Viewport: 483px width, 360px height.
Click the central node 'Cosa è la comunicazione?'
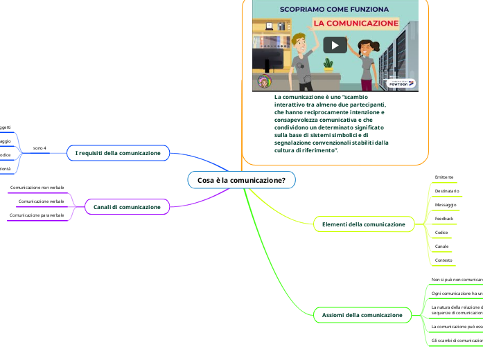pos(241,180)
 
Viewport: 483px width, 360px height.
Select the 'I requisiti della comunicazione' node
pos(118,152)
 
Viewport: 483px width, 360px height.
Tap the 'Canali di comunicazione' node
pos(127,207)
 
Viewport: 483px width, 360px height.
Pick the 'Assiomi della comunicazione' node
pos(362,315)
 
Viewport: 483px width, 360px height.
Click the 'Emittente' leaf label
pos(444,177)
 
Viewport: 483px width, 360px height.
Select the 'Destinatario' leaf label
pos(447,191)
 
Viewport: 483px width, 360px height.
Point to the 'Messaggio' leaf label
pos(446,205)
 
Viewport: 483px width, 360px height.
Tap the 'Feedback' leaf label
pos(444,219)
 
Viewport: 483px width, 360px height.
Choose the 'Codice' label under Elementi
pos(441,233)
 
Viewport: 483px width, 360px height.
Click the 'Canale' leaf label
pos(441,246)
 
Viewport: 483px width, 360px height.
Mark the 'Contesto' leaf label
pos(444,260)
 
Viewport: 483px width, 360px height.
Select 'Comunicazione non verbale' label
pos(37,188)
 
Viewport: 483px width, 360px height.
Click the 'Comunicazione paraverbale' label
pos(37,215)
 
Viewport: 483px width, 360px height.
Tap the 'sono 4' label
pos(39,148)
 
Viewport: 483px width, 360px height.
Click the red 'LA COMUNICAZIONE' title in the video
pos(358,23)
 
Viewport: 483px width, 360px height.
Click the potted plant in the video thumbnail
pos(328,64)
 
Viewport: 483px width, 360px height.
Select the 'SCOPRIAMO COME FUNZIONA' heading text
pos(335,9)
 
